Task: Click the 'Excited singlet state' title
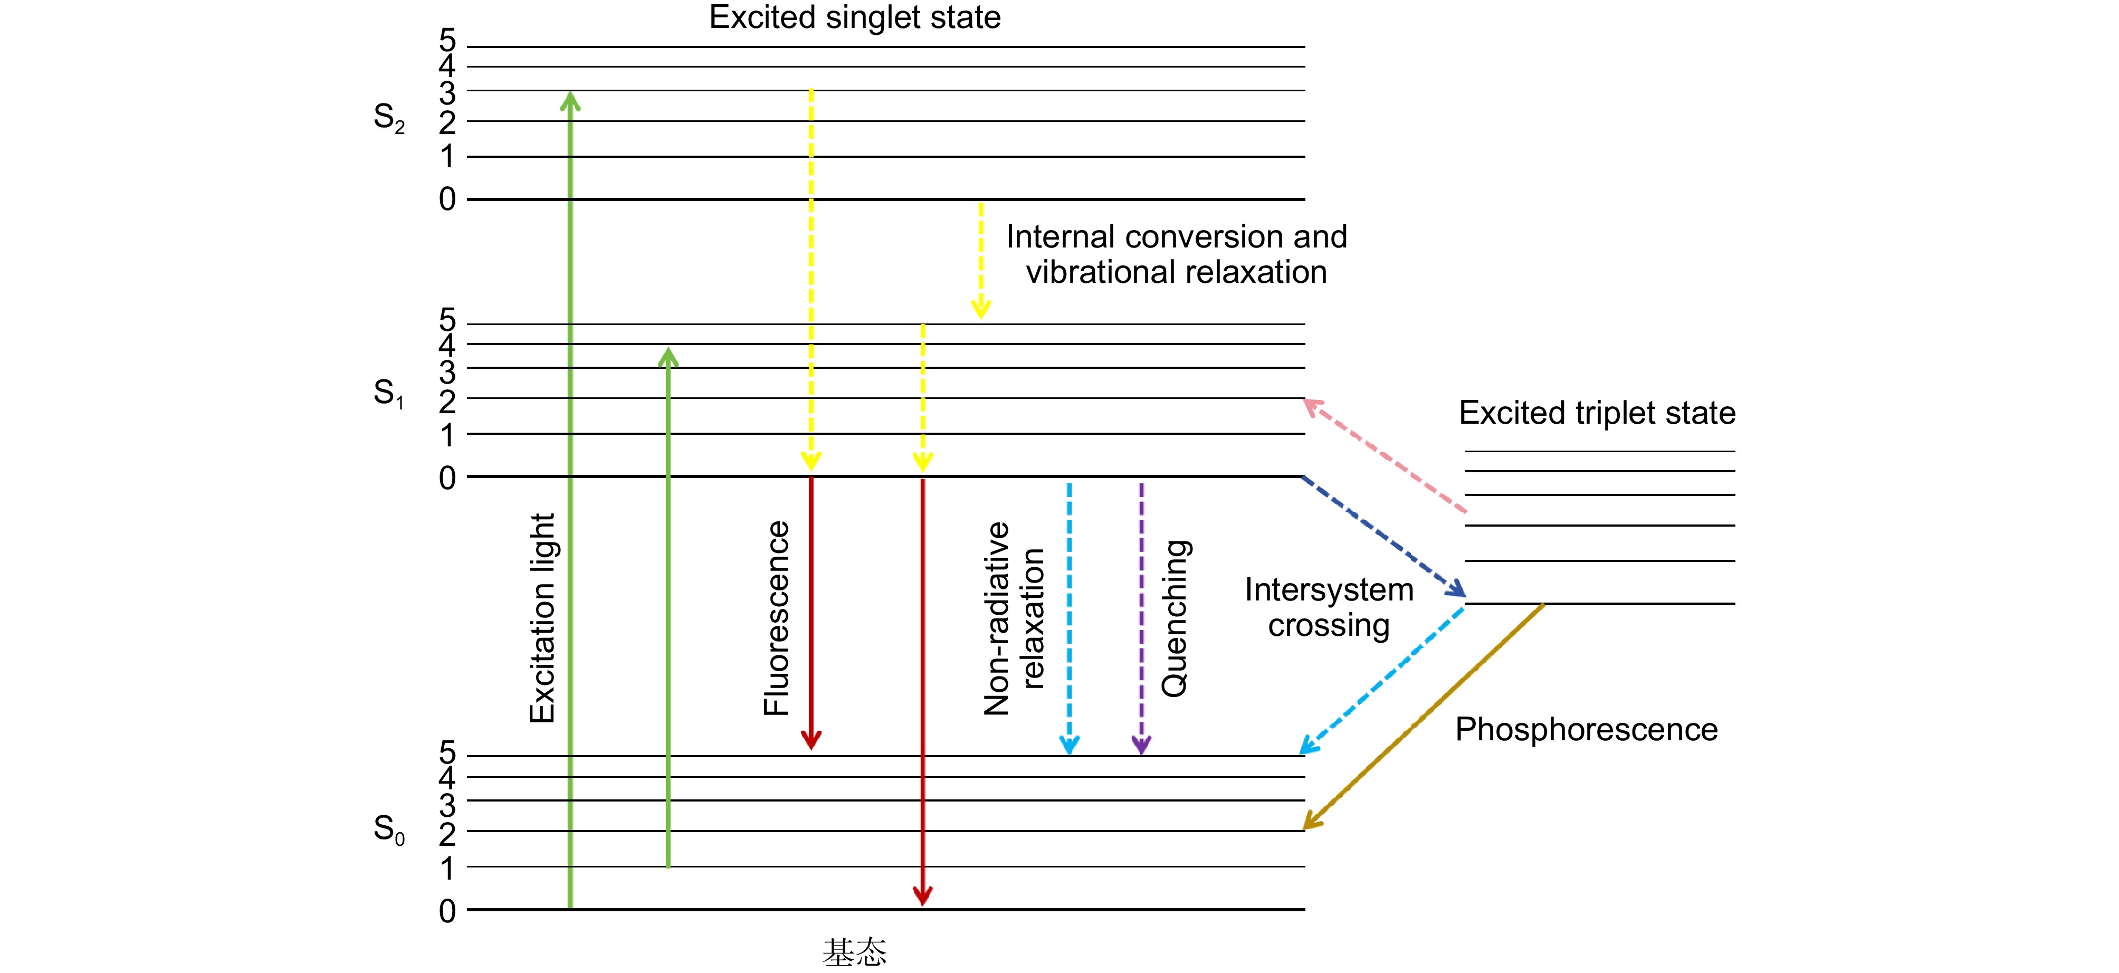click(x=855, y=17)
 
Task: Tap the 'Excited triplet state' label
click(x=1597, y=413)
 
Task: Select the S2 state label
click(x=389, y=118)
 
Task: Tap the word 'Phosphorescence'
click(x=1586, y=730)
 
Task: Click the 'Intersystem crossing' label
click(x=1329, y=607)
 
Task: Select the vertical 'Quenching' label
click(x=1174, y=618)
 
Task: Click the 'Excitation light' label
click(x=542, y=618)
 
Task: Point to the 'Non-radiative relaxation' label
click(x=1014, y=618)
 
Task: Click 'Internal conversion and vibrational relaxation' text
click(x=1176, y=254)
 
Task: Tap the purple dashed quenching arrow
click(x=1141, y=617)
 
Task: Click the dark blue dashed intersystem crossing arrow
click(x=1382, y=536)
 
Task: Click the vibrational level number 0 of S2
click(x=447, y=199)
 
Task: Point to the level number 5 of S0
click(x=447, y=752)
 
